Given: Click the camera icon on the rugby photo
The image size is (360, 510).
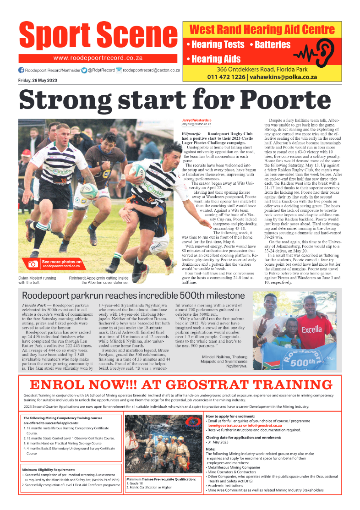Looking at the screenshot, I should [33, 264].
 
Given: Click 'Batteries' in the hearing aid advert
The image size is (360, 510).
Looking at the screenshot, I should [273, 45].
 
